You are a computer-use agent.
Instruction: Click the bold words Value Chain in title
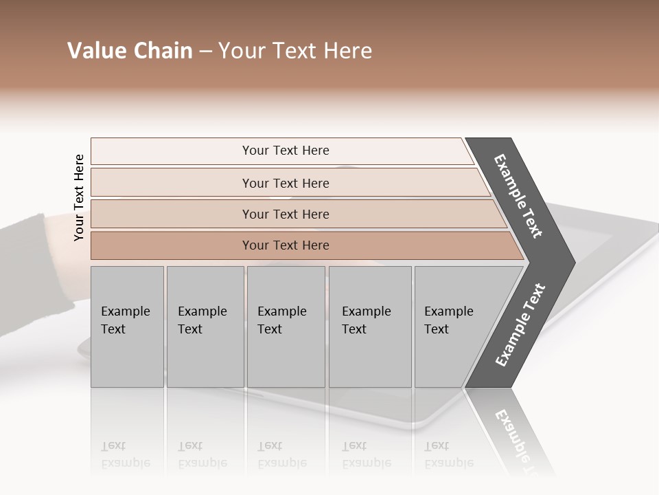pos(130,51)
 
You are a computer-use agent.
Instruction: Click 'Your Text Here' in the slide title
pos(295,51)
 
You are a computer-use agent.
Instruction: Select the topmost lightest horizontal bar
pos(285,151)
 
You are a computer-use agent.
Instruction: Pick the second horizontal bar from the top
pos(285,183)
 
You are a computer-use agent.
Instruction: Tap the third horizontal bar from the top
pos(285,214)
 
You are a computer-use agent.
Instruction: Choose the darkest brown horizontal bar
pos(285,245)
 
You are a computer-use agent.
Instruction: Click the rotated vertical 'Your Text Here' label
pos(79,197)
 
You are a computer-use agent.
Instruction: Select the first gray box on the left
pos(127,327)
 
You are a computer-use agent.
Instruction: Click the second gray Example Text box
pos(205,327)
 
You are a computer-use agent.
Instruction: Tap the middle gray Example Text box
pos(286,327)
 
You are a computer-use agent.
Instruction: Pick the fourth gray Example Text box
pos(369,327)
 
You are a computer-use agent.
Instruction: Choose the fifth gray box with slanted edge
pos(453,327)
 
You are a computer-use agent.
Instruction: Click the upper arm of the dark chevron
pos(518,196)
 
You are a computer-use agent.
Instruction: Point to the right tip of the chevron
pos(573,262)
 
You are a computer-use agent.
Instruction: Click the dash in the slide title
pos(205,52)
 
